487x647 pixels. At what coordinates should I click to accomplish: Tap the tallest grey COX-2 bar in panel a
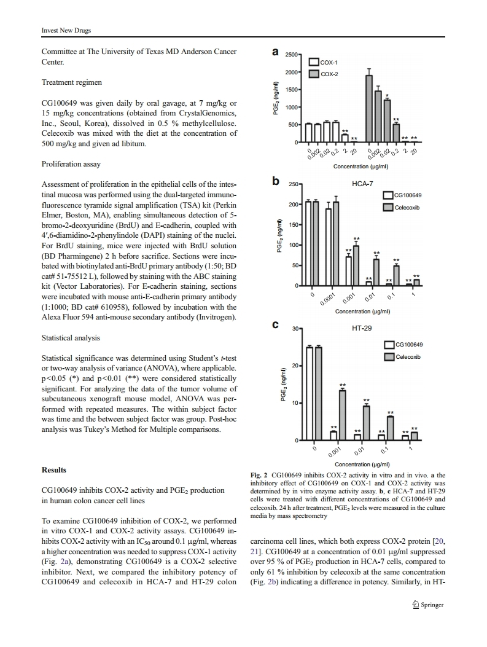tap(369, 108)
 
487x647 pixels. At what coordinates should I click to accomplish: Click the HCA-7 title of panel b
tap(362, 183)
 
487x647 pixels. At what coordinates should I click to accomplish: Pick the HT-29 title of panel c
tap(362, 328)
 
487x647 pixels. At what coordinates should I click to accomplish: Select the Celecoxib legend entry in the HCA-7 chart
tap(402, 208)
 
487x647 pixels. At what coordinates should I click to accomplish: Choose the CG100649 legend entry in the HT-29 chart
tap(402, 345)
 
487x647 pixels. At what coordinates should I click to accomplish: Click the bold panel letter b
tap(276, 181)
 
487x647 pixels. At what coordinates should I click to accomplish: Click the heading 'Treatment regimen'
tap(71, 82)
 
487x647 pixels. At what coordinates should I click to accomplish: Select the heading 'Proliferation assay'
tap(71, 165)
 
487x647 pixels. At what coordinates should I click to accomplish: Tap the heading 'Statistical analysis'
tap(71, 338)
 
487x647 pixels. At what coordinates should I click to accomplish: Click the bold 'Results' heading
tap(54, 470)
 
